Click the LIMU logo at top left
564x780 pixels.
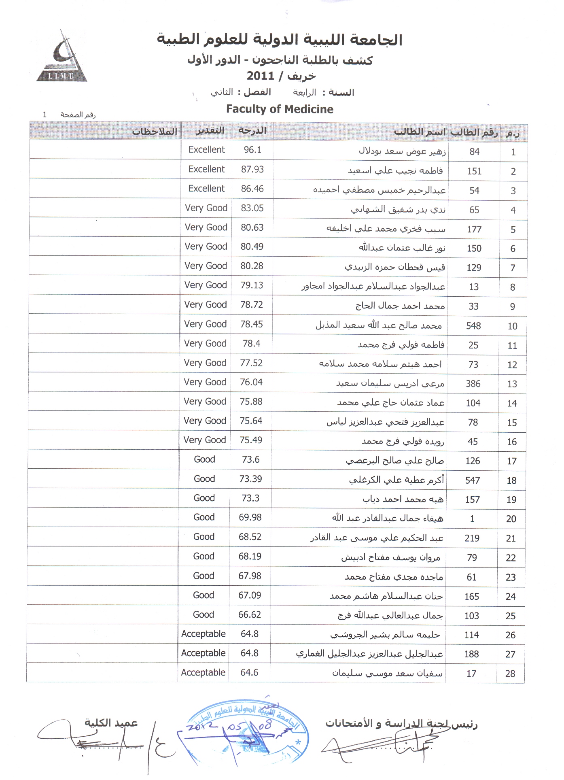pyautogui.click(x=62, y=58)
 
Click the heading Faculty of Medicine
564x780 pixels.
pyautogui.click(x=280, y=109)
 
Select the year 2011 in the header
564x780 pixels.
pyautogui.click(x=261, y=76)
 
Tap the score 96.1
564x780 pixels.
pyautogui.click(x=252, y=150)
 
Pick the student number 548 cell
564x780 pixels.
pyautogui.click(x=473, y=326)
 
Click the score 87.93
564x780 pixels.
pyautogui.click(x=252, y=169)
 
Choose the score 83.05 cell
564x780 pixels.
pyautogui.click(x=252, y=208)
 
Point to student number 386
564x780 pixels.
pyautogui.click(x=473, y=384)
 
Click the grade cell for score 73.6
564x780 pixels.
pyautogui.click(x=204, y=459)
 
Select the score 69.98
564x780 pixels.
pyautogui.click(x=250, y=517)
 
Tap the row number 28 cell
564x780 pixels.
pyautogui.click(x=510, y=674)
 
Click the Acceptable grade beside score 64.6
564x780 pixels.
pyautogui.click(x=203, y=672)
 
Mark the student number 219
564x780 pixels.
pyautogui.click(x=472, y=538)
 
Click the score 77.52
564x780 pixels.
pyautogui.click(x=251, y=363)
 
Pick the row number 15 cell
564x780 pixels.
pyautogui.click(x=512, y=423)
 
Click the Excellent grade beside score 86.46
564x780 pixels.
pyautogui.click(x=206, y=189)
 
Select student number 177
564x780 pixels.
pyautogui.click(x=474, y=229)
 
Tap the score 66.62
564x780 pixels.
pyautogui.click(x=250, y=614)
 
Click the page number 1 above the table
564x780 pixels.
pyautogui.click(x=45, y=115)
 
